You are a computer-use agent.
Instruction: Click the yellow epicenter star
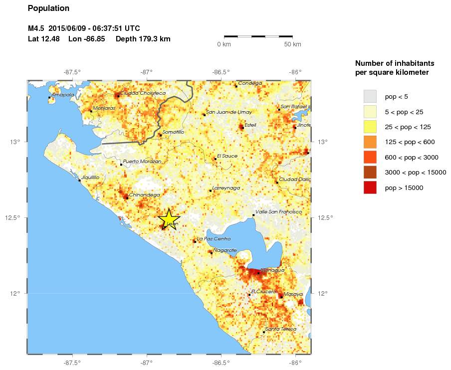coord(169,219)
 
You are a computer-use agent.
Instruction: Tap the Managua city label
coord(272,270)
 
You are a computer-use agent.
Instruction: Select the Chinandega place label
coord(144,194)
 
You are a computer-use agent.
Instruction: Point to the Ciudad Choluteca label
coord(143,93)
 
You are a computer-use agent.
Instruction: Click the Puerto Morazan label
coord(142,162)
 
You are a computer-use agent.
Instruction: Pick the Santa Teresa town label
coord(281,329)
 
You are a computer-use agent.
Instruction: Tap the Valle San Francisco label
coord(278,212)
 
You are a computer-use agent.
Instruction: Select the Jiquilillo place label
coord(90,177)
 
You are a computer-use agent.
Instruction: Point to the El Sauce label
coord(227,156)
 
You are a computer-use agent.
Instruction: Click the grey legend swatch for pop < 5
coord(370,96)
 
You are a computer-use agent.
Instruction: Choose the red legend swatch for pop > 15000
coord(370,188)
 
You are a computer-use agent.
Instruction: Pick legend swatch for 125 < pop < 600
coord(370,142)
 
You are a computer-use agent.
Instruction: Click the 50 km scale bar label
coord(292,44)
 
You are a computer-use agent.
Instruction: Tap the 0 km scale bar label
coord(224,44)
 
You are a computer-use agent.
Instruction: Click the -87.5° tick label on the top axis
coord(72,72)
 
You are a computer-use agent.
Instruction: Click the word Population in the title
coord(48,8)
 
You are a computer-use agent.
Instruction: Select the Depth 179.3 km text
coord(143,39)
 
